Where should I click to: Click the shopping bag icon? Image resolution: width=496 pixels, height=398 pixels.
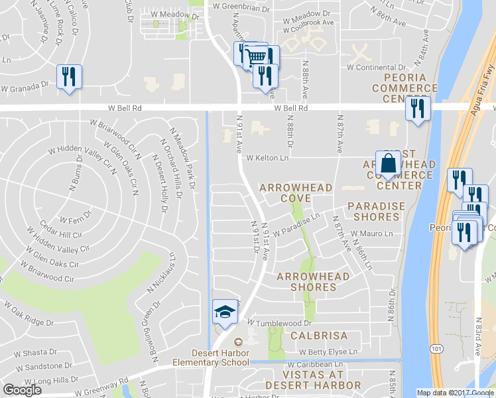(387, 163)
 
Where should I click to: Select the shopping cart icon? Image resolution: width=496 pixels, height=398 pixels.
(255, 56)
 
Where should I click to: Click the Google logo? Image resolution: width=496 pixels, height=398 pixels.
(22, 390)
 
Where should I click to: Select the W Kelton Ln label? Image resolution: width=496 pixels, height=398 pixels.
(268, 158)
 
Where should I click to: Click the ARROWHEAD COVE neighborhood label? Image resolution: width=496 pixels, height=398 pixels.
(296, 193)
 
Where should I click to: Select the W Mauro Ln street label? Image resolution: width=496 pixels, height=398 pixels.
(371, 233)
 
